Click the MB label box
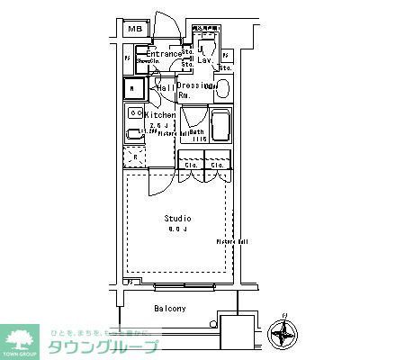tap(135, 30)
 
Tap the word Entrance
tap(164, 54)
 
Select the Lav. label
tap(205, 60)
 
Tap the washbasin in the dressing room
tap(221, 88)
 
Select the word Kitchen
tap(160, 115)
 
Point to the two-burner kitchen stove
tap(134, 113)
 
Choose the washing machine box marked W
tap(134, 88)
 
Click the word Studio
tap(176, 219)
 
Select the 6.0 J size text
tap(176, 230)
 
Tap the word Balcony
tap(169, 309)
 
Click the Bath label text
tap(195, 131)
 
